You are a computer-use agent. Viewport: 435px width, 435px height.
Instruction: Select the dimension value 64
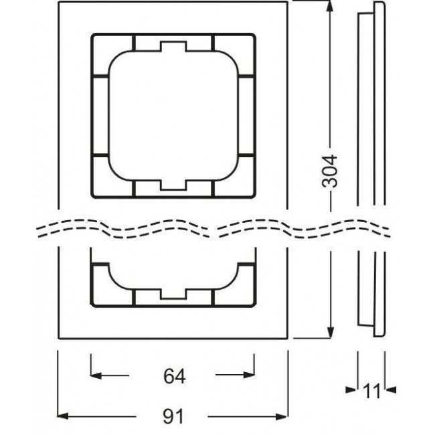pyautogui.click(x=173, y=377)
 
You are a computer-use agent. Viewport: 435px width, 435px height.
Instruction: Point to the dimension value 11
pyautogui.click(x=372, y=388)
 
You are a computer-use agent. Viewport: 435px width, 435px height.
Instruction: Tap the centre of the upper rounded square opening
pyautogui.click(x=173, y=114)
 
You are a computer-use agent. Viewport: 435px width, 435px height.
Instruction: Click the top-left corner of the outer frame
pyautogui.click(x=59, y=3)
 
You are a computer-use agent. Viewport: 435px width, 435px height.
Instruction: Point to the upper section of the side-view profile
pyautogui.click(x=372, y=100)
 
